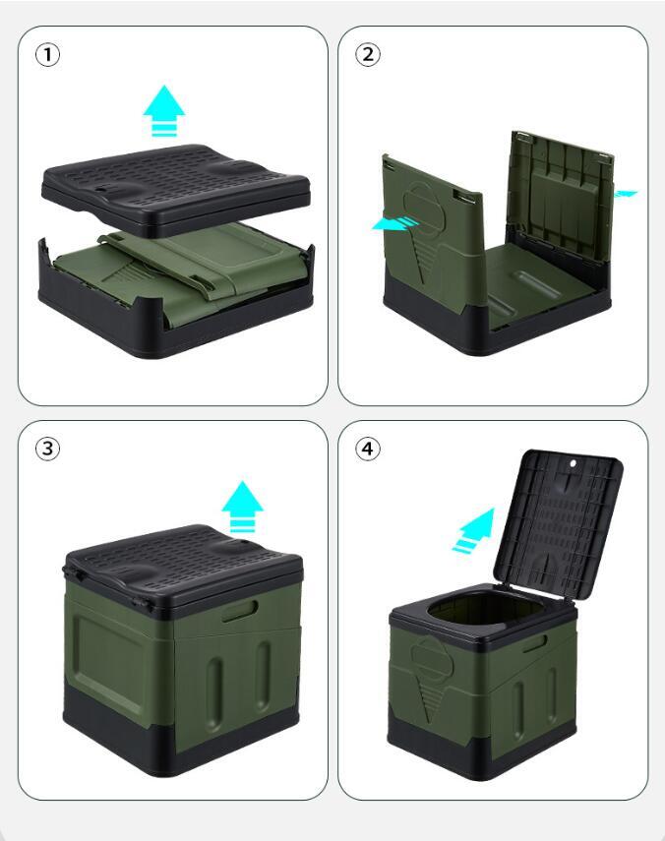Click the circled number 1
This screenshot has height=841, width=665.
[x=47, y=55]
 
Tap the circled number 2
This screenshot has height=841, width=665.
[x=368, y=55]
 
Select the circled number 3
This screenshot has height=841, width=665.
[x=47, y=449]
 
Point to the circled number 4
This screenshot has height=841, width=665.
[x=368, y=449]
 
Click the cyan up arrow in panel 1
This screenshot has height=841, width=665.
[x=163, y=110]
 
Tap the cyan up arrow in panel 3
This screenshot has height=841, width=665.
[x=242, y=506]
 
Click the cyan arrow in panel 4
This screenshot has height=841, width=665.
[x=474, y=530]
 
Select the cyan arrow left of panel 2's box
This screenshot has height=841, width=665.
[x=395, y=223]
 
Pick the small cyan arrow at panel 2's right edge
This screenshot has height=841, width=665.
[x=625, y=194]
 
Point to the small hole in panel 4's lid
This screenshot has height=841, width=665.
[x=573, y=463]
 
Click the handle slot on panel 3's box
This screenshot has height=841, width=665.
[x=240, y=611]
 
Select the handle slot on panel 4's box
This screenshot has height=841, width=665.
[x=535, y=643]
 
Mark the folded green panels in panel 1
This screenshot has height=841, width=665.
[x=182, y=273]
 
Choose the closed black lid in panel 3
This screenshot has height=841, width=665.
[x=182, y=569]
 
